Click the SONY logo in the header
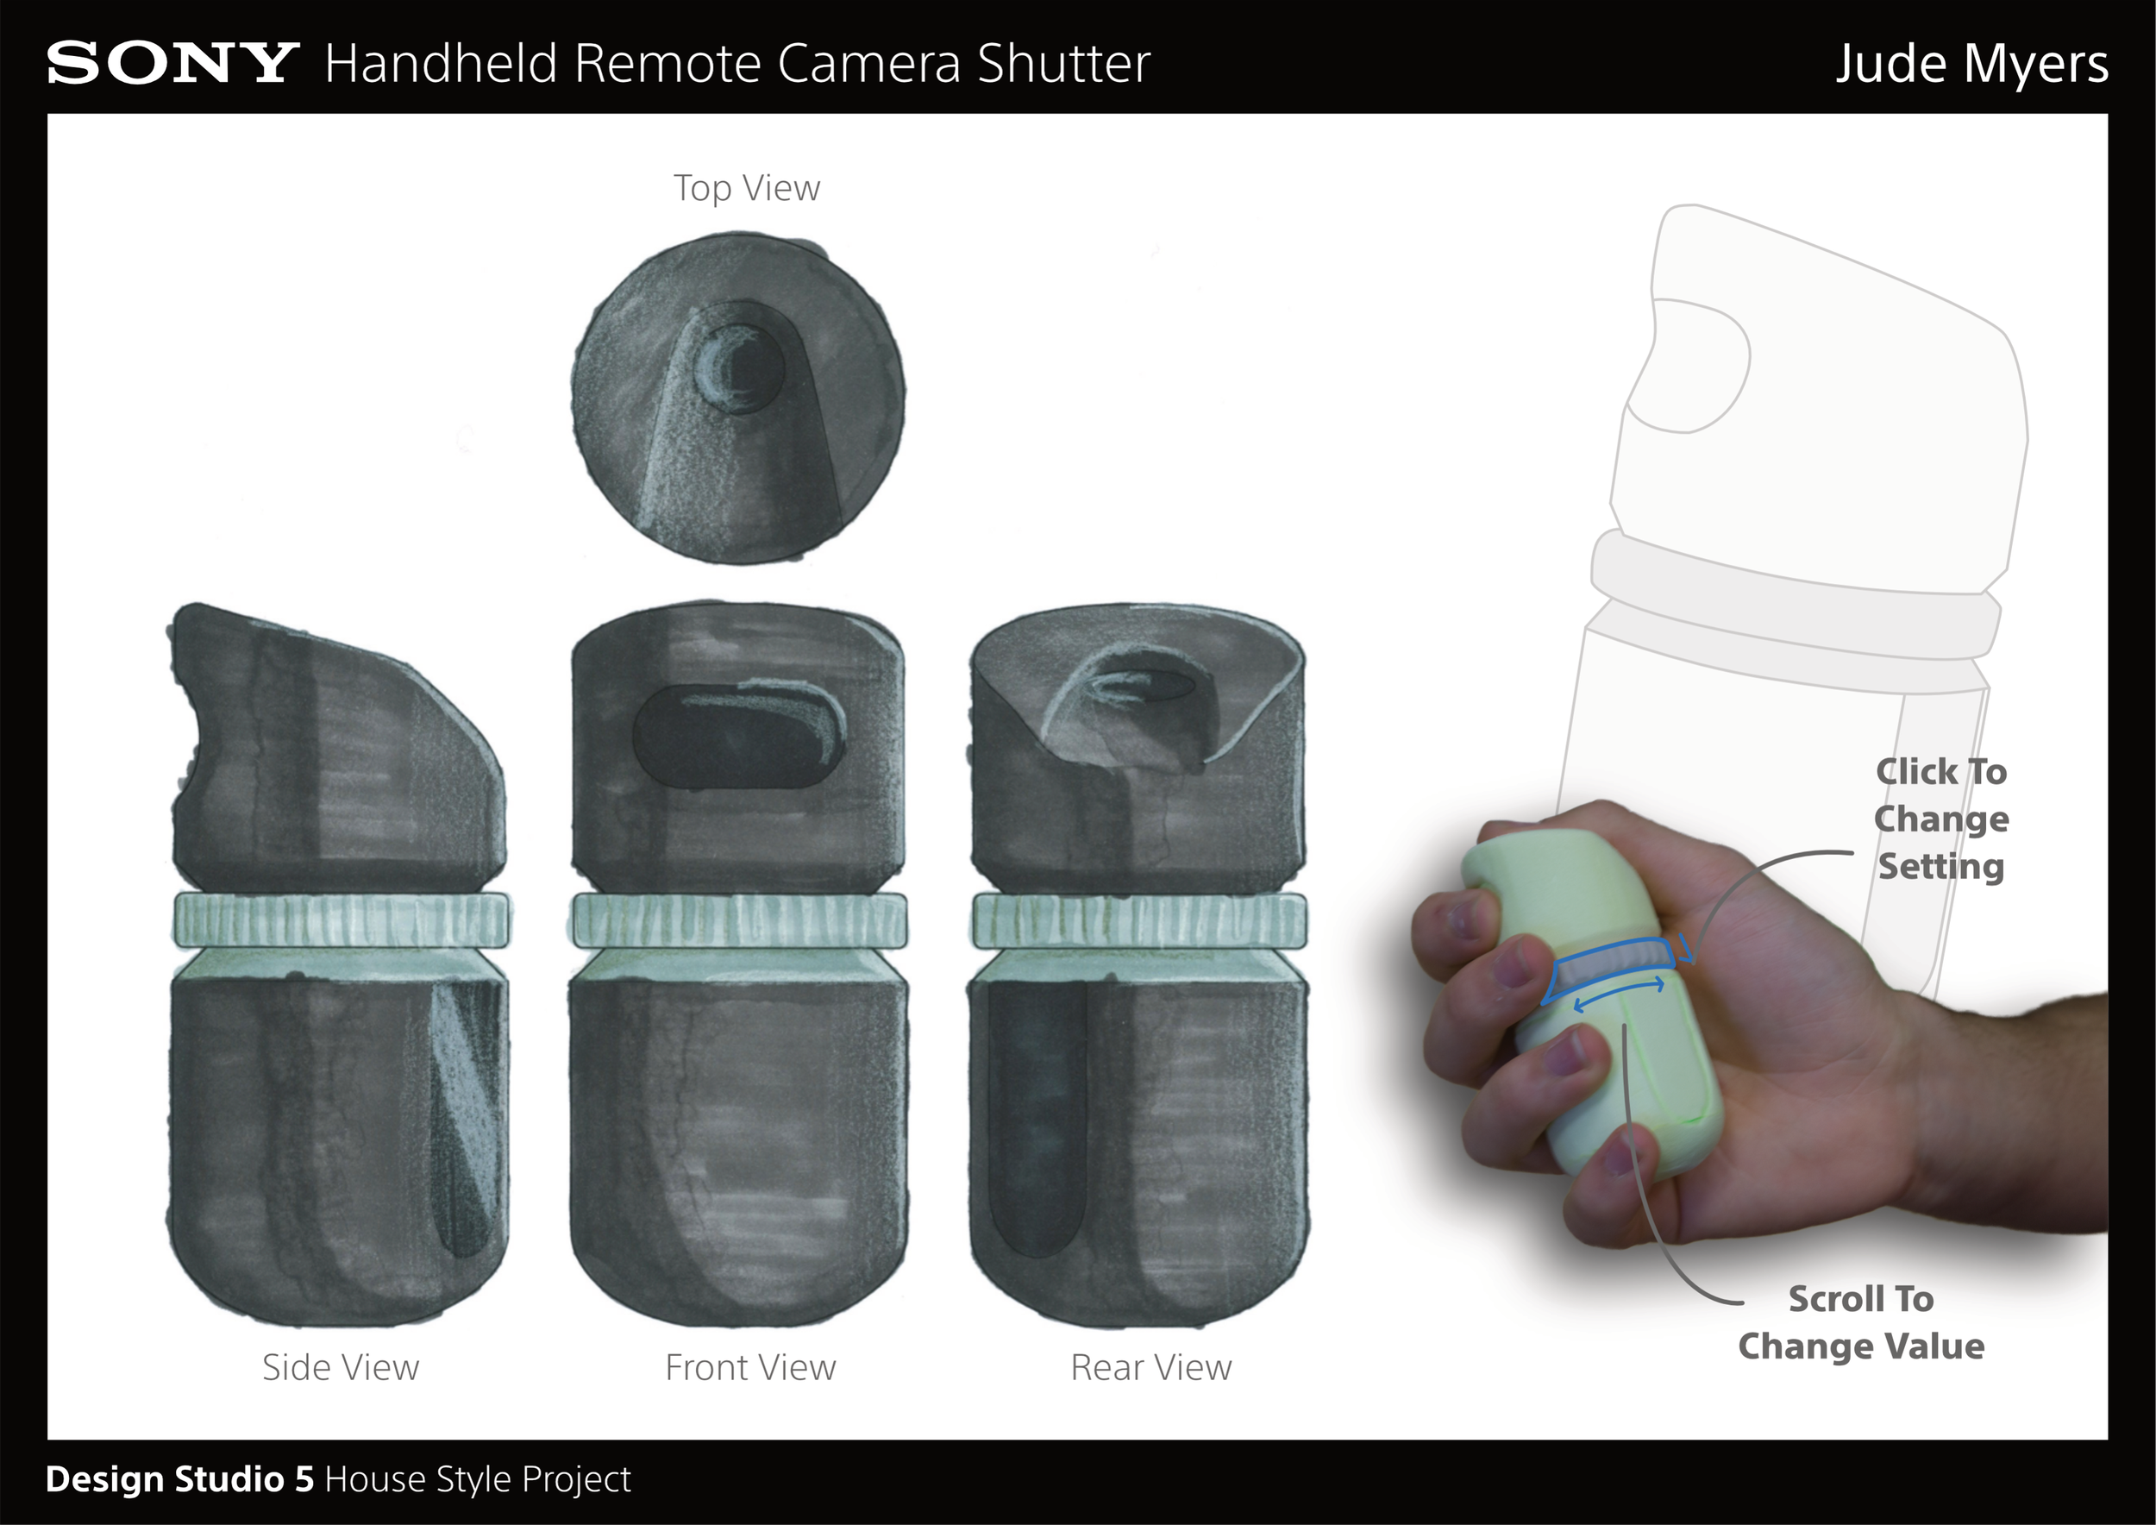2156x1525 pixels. point(172,63)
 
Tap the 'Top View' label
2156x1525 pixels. point(747,189)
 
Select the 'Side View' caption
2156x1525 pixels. point(341,1367)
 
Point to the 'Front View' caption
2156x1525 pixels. point(750,1367)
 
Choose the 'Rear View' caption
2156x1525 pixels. point(1151,1367)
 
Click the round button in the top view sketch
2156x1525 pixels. point(739,369)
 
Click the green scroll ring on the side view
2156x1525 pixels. point(341,919)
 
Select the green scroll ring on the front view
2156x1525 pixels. point(739,919)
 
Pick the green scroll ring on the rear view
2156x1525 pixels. point(1139,919)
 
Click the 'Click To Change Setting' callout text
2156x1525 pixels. point(1941,819)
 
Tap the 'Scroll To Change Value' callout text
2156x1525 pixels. point(1861,1322)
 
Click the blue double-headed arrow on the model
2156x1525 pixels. point(1619,994)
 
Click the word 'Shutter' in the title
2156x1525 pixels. point(1063,64)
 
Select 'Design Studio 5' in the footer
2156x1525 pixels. point(179,1479)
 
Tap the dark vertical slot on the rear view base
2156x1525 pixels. point(1037,1118)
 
